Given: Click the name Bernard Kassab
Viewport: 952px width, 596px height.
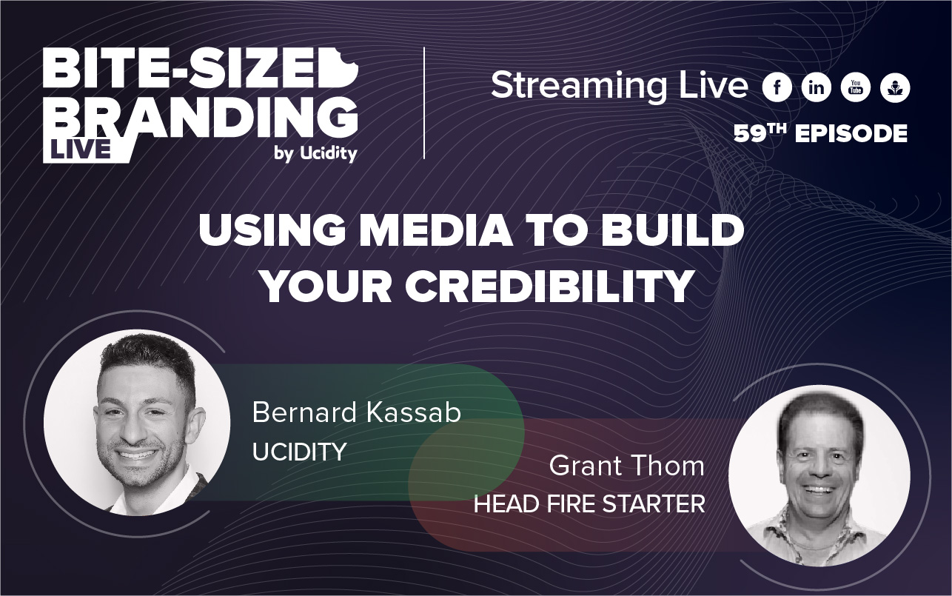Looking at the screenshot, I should pyautogui.click(x=356, y=413).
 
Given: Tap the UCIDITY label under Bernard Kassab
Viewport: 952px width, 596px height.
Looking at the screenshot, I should pyautogui.click(x=299, y=452).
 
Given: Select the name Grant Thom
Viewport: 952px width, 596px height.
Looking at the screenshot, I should pyautogui.click(x=626, y=466).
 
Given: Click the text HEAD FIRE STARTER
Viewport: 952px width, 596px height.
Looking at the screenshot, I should pyautogui.click(x=589, y=505).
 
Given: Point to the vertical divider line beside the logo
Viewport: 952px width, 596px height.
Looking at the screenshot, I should pyautogui.click(x=424, y=103).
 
